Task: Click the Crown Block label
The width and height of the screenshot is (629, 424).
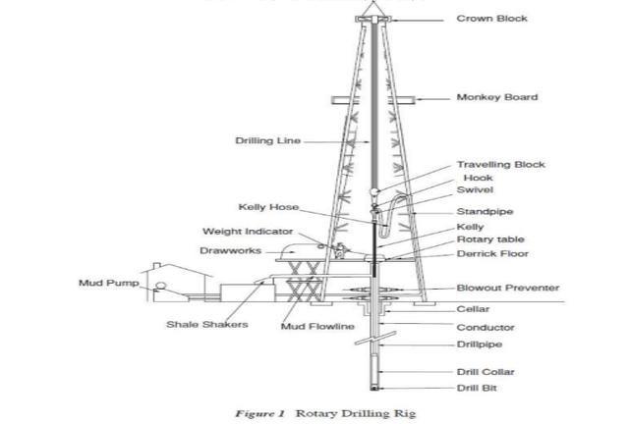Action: pos(491,19)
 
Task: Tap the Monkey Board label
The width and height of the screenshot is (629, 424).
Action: pos(496,97)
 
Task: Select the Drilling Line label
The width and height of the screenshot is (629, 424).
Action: pos(267,141)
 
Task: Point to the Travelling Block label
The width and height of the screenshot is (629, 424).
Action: pos(500,165)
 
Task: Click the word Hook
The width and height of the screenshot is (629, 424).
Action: pos(478,178)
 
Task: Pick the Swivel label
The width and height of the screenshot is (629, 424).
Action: pos(475,190)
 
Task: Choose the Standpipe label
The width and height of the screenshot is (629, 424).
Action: pos(485,212)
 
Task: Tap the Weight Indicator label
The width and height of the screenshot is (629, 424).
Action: pos(248,233)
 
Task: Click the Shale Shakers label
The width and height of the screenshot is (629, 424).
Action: pos(206,325)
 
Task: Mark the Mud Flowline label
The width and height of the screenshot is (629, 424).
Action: pos(317,326)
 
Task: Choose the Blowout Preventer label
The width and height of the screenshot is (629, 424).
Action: pos(508,289)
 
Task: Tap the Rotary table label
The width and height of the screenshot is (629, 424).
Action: pos(490,239)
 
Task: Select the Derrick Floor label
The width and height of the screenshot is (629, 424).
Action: pos(491,254)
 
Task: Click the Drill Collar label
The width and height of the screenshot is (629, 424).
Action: pos(485,372)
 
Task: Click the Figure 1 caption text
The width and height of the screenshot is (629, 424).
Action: pos(325,413)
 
